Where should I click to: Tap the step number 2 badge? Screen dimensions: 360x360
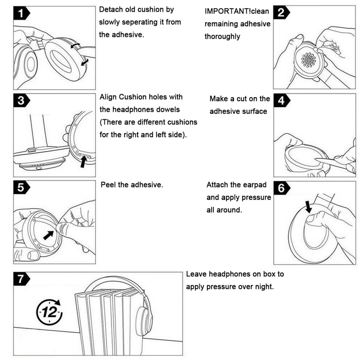tap(281, 13)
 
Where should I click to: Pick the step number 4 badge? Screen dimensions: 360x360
tap(281, 101)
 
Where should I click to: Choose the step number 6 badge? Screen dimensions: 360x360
tap(281, 188)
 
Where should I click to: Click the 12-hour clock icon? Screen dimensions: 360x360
tap(49, 311)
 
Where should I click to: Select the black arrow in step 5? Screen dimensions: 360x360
tap(49, 235)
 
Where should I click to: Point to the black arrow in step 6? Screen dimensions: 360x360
tap(309, 207)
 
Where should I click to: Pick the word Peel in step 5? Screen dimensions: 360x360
tap(108, 185)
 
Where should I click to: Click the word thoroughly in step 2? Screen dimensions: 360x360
tap(222, 37)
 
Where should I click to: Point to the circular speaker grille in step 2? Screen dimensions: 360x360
tap(308, 60)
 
